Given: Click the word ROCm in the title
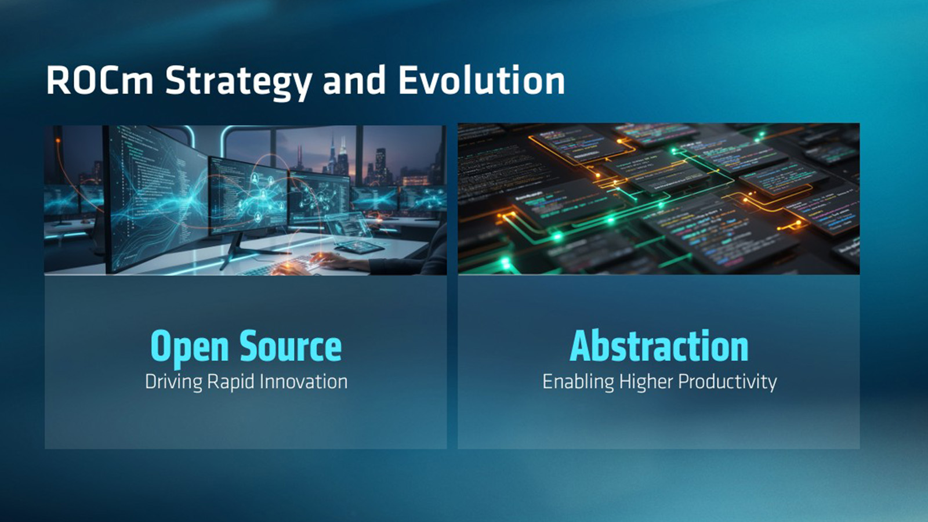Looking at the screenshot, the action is coord(99,81).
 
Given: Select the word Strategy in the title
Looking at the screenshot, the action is coord(238,82).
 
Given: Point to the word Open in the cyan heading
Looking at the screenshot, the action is coord(189,348).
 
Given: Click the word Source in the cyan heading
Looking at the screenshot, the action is coord(291,346).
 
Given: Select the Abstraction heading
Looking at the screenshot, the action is coord(659,346).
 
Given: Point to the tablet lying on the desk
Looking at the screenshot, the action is coord(359,247).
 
